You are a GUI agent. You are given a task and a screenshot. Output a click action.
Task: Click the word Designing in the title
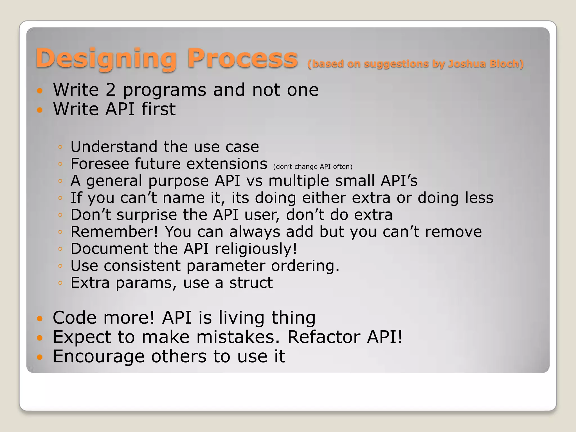tap(106, 58)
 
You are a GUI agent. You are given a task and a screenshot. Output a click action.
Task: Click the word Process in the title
tap(242, 58)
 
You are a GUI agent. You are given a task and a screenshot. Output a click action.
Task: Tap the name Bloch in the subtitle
tap(506, 64)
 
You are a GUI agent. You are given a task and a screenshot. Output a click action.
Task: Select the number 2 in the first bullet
tap(111, 90)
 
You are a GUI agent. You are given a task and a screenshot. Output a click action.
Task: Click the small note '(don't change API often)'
tap(312, 166)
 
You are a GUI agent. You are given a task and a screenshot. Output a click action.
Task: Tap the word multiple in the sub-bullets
tap(298, 181)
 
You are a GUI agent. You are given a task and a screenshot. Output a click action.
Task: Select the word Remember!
tap(114, 232)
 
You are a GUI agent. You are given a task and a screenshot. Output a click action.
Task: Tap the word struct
tap(251, 283)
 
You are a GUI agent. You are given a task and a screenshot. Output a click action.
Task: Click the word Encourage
tap(98, 356)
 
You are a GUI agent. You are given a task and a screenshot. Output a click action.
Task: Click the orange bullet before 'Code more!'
tap(40, 319)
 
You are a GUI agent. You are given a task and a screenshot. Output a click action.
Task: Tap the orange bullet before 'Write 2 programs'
tap(40, 91)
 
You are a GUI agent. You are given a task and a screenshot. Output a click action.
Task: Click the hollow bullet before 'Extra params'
tap(60, 283)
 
